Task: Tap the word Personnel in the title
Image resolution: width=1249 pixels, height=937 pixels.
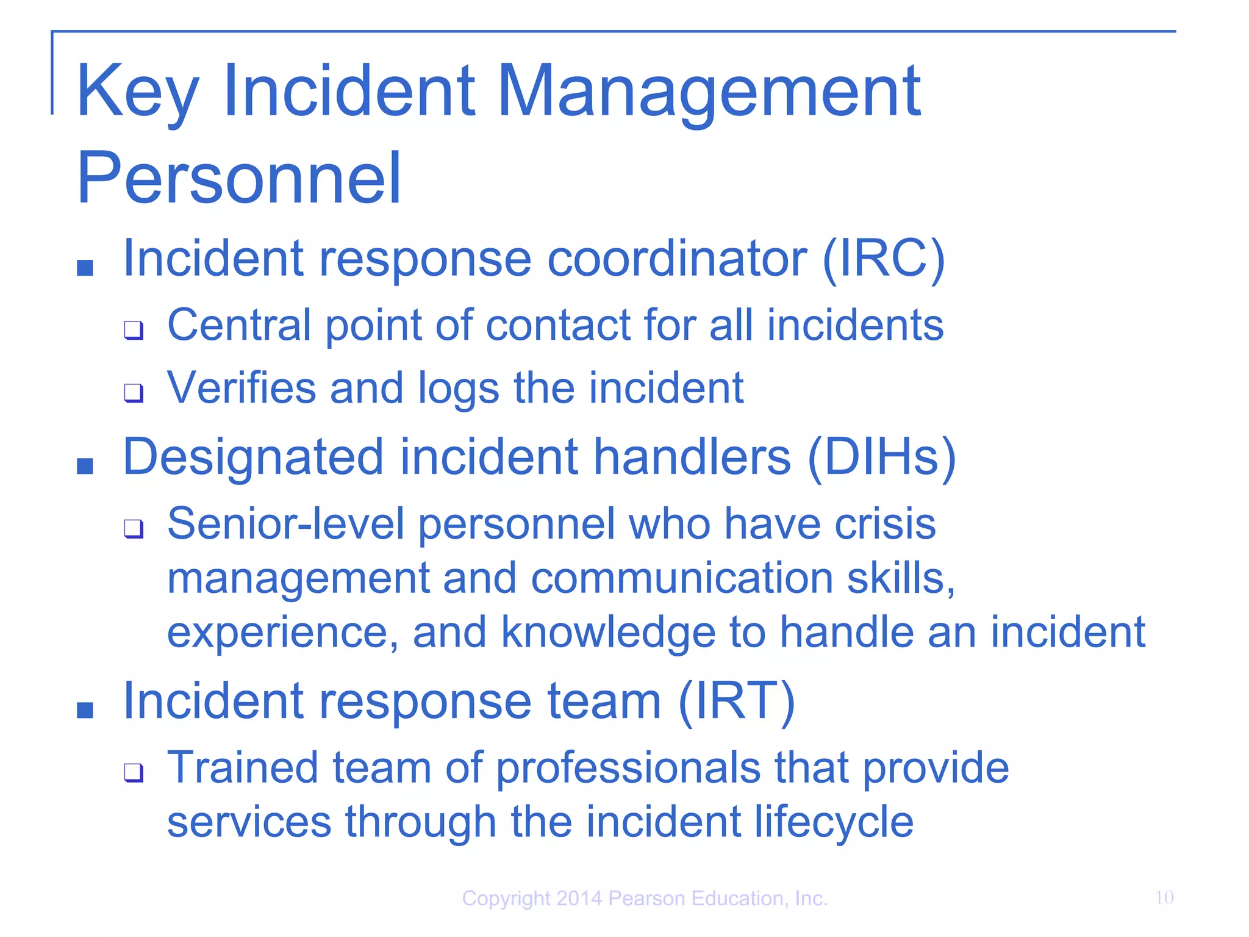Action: coord(238,178)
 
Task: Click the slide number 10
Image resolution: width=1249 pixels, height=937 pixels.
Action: coord(1164,897)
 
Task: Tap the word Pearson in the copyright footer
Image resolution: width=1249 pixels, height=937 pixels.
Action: coord(647,899)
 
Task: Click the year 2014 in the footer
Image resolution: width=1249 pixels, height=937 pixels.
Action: coord(579,899)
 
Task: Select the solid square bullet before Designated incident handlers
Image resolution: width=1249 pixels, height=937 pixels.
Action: coord(85,467)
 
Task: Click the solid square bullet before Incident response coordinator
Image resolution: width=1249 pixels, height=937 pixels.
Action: coord(85,268)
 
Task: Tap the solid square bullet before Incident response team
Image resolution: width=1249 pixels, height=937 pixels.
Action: coord(85,710)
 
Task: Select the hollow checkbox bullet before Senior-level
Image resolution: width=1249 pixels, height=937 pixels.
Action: coord(134,528)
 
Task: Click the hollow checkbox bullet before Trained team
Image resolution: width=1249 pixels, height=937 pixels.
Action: coord(134,772)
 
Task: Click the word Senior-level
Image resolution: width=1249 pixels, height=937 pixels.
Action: coord(285,523)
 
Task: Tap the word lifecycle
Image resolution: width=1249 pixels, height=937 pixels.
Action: coord(834,822)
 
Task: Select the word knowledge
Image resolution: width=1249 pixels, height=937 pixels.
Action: coord(608,633)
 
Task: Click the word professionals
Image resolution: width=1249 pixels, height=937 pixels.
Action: coord(628,768)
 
